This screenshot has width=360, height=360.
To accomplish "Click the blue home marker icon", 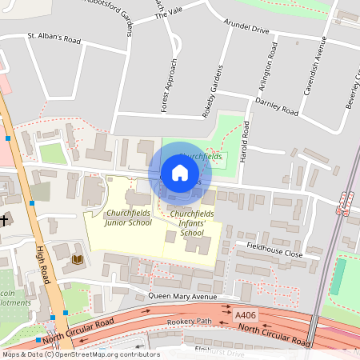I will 180,173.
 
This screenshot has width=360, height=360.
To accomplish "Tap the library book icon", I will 77,259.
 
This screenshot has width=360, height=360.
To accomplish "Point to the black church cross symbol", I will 5,219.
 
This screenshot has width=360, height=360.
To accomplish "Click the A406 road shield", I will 246,318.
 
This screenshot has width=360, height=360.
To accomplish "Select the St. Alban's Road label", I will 54,37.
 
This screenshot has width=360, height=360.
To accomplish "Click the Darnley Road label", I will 276,106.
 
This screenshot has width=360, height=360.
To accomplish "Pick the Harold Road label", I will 235,139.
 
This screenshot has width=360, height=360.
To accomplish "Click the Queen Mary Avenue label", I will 183,296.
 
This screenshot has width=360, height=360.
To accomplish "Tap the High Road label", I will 46,272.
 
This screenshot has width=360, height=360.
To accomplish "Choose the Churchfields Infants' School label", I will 191,218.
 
